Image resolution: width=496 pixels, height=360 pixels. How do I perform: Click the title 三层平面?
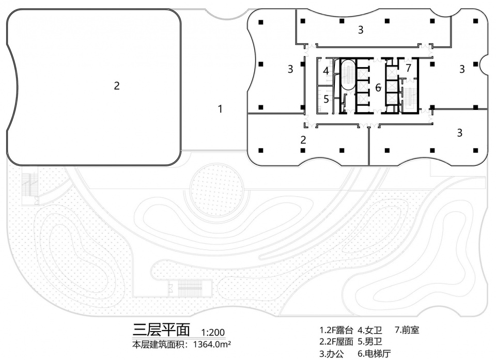click(x=161, y=329)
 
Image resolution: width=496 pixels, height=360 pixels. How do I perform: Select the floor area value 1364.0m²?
click(x=211, y=343)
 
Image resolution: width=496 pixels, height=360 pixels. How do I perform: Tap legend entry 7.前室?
click(x=407, y=329)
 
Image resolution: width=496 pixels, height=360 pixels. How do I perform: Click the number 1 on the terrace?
click(x=220, y=109)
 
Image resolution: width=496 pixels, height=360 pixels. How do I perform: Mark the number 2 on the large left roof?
click(x=117, y=86)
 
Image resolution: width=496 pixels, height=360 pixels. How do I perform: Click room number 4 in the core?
click(x=326, y=71)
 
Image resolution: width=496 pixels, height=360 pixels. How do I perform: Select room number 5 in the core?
click(x=326, y=99)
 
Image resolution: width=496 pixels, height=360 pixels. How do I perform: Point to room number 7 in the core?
click(x=408, y=68)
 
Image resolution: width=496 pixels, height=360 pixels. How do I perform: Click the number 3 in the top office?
click(x=361, y=30)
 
